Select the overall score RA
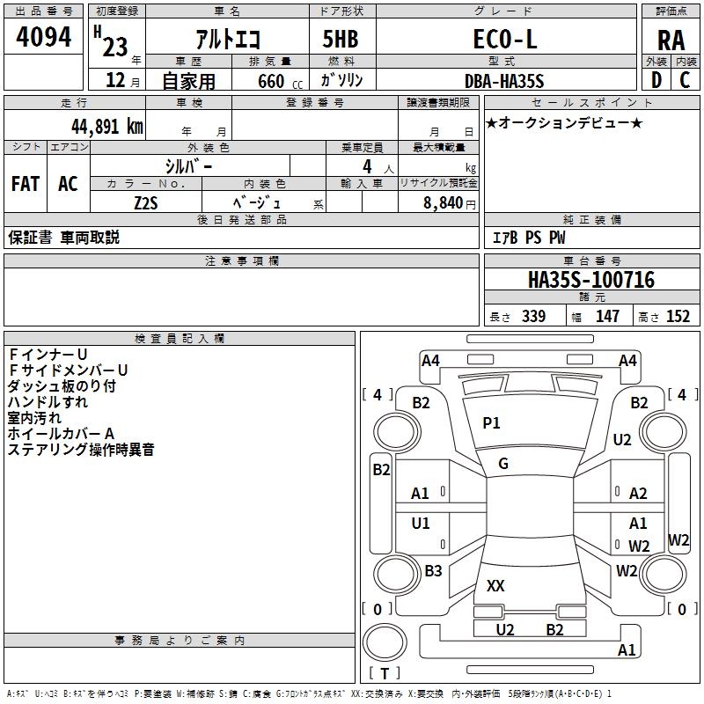[671, 40]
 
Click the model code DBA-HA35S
[504, 81]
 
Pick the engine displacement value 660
[271, 82]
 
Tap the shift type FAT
[26, 184]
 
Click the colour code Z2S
[145, 202]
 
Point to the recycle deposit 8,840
[443, 202]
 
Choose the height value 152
[677, 317]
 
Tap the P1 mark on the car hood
[491, 423]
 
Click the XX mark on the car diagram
[495, 585]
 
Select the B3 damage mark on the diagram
[433, 571]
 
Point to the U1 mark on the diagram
[421, 524]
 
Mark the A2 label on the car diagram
[638, 494]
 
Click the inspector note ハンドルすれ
[48, 402]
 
